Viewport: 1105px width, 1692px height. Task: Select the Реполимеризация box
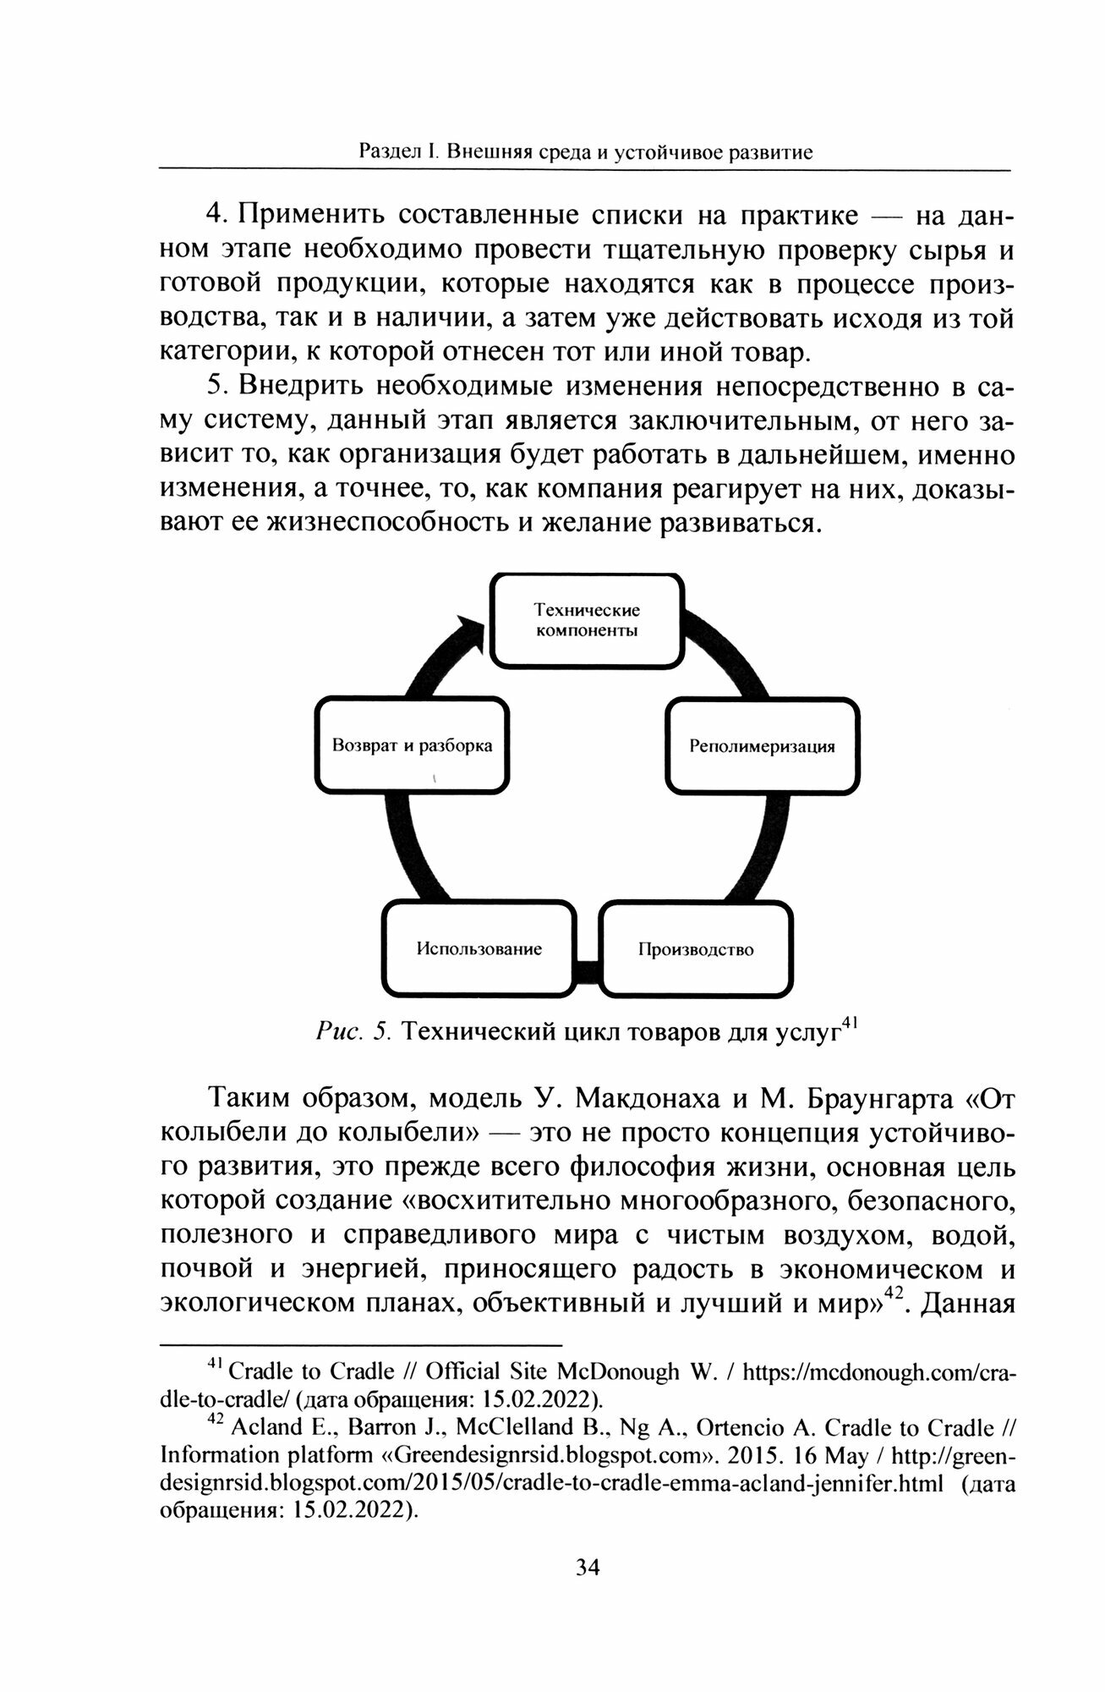coord(762,746)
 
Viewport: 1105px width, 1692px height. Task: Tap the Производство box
coord(695,948)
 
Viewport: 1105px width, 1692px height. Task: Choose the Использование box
coord(479,948)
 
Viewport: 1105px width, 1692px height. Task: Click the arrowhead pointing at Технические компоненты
coord(469,630)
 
